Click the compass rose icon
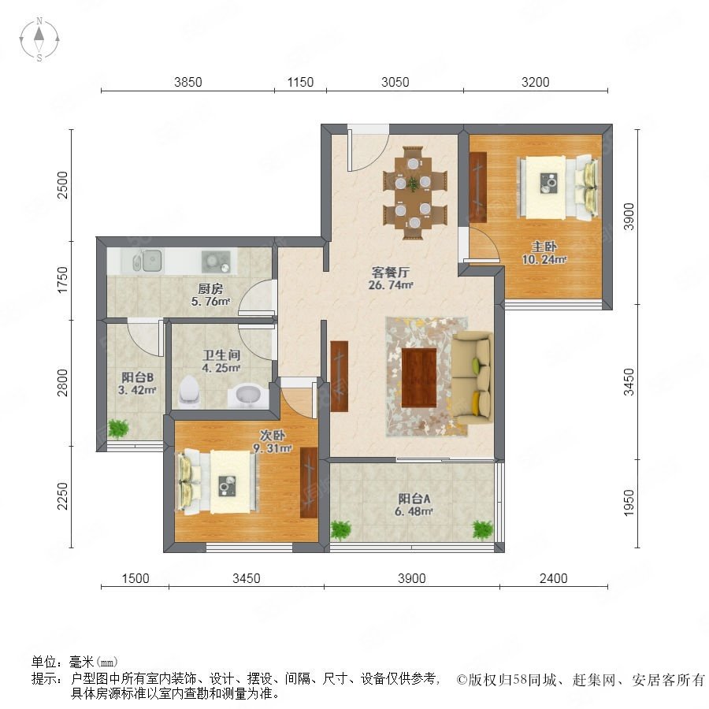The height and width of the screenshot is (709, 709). [39, 39]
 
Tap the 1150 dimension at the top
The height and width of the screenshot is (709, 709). [300, 82]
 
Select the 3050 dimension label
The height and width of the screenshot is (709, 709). [395, 82]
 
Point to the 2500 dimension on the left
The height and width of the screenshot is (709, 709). [62, 184]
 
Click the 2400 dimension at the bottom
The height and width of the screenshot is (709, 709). [554, 578]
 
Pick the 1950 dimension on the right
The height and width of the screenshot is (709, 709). [629, 503]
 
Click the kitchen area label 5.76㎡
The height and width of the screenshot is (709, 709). [210, 301]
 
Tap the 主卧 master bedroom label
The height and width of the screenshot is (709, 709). [544, 247]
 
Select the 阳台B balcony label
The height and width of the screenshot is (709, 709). [137, 377]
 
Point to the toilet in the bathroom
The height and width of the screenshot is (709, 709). [190, 391]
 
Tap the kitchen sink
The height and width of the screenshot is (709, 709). [147, 261]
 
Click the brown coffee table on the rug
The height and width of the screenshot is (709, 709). [419, 377]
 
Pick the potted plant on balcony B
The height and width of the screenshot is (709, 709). [118, 429]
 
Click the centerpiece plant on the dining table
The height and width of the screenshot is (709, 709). [413, 184]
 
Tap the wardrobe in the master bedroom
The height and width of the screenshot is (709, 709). [478, 187]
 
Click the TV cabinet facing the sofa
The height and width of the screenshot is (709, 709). [339, 377]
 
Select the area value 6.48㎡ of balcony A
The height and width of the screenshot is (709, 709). [414, 511]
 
